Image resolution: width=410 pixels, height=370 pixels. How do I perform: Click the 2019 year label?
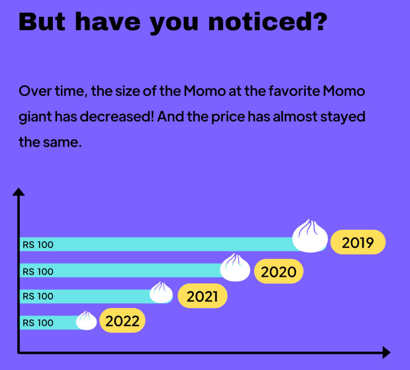point(358,242)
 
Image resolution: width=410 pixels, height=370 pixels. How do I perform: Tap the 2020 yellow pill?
point(279,271)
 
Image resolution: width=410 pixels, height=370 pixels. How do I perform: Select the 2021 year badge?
point(202,296)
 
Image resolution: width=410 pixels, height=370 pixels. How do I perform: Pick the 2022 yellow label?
point(123,321)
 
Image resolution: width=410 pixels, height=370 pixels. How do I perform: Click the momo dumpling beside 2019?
point(310,236)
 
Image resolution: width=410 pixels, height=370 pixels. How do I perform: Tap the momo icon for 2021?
point(161,293)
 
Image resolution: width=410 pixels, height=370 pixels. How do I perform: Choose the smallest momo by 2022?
point(86,321)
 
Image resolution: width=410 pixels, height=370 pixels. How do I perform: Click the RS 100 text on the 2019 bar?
point(38,245)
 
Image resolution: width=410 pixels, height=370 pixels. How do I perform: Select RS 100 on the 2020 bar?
point(38,271)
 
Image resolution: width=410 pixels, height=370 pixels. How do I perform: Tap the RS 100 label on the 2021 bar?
point(38,296)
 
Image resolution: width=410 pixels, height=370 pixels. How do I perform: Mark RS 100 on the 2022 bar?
point(38,323)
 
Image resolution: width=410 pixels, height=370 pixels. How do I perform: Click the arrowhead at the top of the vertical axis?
point(18,192)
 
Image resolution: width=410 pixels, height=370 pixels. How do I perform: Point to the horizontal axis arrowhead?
point(386,352)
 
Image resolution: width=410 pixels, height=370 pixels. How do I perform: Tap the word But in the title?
point(42,22)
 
